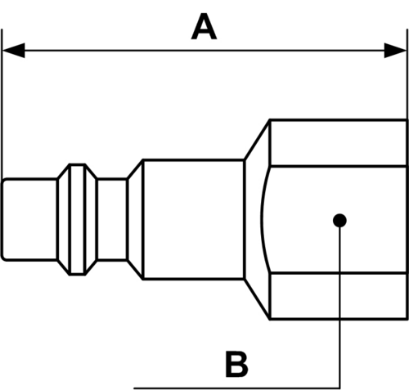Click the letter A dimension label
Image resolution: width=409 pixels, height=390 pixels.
pos(204,27)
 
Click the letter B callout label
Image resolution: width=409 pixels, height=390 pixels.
pos(236,364)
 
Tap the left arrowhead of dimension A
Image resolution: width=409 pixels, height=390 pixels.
pos(14,51)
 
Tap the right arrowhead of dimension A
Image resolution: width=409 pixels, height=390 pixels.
pos(395,51)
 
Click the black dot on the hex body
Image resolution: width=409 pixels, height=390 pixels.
pos(339,220)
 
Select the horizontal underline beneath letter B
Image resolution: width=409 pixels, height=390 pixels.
pos(236,388)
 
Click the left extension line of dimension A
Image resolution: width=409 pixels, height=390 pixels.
pos(2,104)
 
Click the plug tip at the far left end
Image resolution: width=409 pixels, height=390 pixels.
pos(29,220)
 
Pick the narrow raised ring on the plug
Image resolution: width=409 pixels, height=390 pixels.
pos(78,220)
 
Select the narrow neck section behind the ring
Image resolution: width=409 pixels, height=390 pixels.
pos(112,220)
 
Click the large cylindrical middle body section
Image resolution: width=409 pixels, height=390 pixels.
pos(193,219)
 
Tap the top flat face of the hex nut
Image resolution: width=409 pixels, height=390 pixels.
pos(339,142)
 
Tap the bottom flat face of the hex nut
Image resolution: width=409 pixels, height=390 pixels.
pos(339,296)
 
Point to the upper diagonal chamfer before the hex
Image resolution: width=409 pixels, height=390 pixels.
pos(257,140)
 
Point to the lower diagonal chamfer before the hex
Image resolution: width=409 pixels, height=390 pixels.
pos(257,298)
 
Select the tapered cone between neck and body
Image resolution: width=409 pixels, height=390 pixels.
pos(135,220)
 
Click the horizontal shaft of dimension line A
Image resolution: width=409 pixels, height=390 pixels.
pos(204,51)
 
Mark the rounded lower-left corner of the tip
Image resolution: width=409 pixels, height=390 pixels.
pos(2,259)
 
